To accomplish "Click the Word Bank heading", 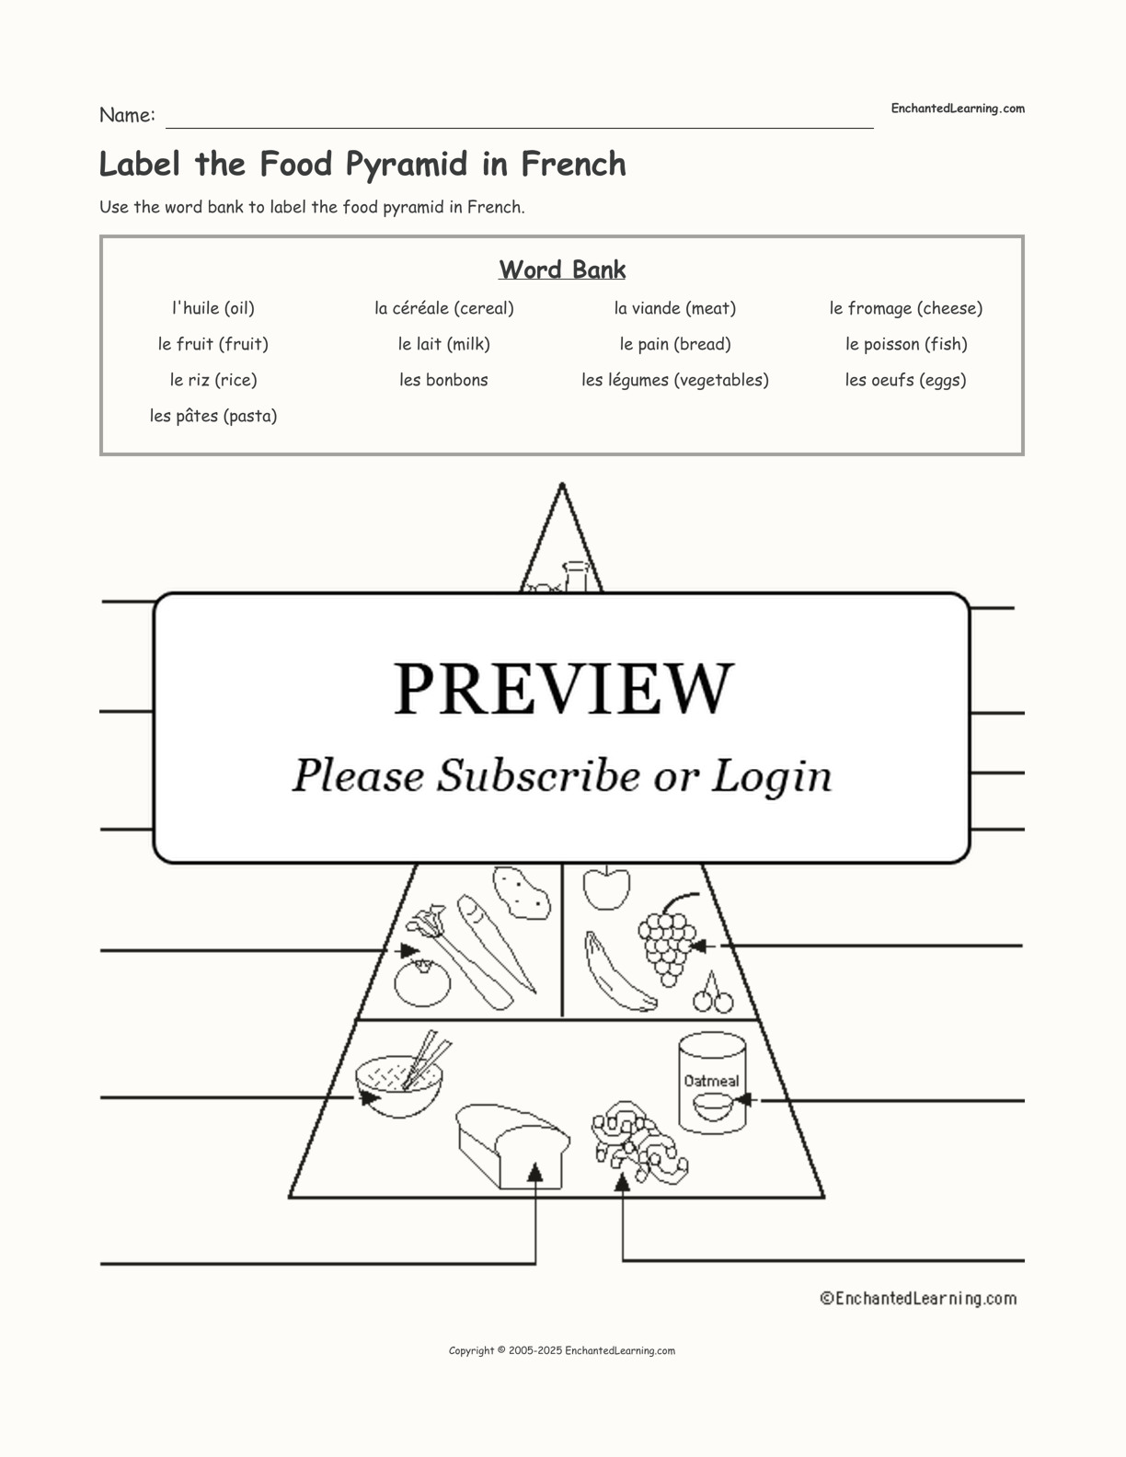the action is click(562, 270).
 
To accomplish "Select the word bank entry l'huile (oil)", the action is click(213, 308).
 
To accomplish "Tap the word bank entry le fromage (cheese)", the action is click(905, 308).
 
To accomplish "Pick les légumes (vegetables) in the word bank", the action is click(674, 380).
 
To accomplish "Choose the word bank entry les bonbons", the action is click(443, 380).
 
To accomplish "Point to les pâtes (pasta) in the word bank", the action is click(213, 416).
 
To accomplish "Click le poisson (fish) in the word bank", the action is click(906, 344).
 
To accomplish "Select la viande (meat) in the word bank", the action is click(674, 308).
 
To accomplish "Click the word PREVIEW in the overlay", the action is click(563, 689).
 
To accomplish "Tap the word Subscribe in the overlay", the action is click(538, 775).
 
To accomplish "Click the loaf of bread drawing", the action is click(512, 1146).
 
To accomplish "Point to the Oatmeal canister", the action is click(712, 1084).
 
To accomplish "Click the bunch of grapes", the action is click(667, 939).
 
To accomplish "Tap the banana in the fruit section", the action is click(617, 972).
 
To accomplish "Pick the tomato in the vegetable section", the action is click(422, 983).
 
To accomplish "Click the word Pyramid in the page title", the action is click(407, 165).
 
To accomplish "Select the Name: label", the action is click(127, 115).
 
